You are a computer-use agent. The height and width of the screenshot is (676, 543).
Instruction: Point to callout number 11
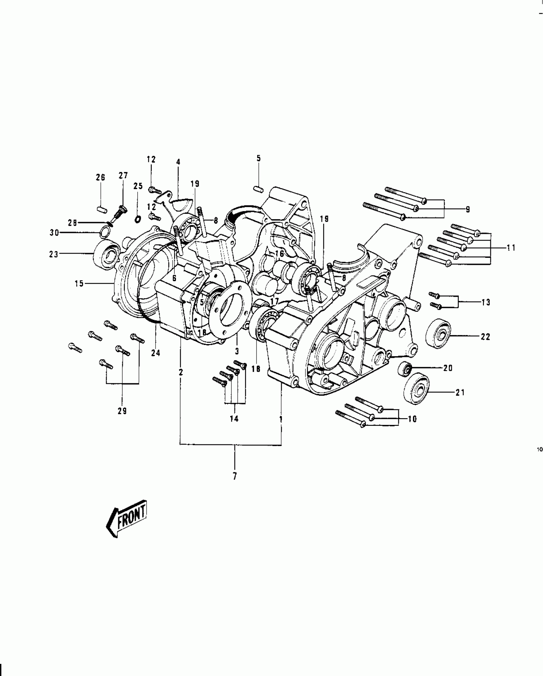[511, 248]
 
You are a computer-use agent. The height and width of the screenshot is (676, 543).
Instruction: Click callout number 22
[485, 337]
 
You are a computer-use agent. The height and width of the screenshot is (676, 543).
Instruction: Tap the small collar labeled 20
[404, 369]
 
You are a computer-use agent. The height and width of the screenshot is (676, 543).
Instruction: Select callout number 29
[122, 411]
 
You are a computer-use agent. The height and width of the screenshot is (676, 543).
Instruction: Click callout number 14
[234, 419]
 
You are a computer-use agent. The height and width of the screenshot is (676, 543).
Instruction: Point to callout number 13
[486, 302]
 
